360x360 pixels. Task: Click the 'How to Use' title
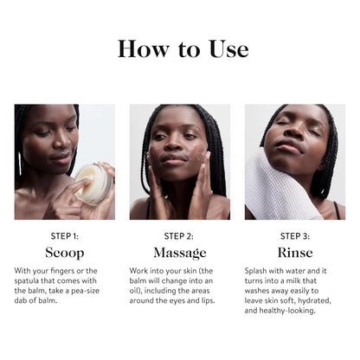(x=183, y=49)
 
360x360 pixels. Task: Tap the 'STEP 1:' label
(x=65, y=236)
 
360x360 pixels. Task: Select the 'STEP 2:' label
(x=179, y=236)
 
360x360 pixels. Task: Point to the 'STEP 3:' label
(x=295, y=236)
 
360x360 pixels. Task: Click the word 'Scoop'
(x=65, y=253)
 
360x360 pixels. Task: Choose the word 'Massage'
(x=180, y=253)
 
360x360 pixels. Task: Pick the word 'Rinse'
(x=295, y=253)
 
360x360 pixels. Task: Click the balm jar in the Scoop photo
(x=93, y=184)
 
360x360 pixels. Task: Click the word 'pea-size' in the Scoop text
(x=85, y=291)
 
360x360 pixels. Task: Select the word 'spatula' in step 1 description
(x=27, y=281)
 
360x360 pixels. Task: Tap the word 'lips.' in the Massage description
(x=209, y=301)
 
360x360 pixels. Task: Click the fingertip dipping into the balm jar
(x=87, y=181)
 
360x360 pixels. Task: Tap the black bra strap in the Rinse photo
(x=337, y=210)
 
